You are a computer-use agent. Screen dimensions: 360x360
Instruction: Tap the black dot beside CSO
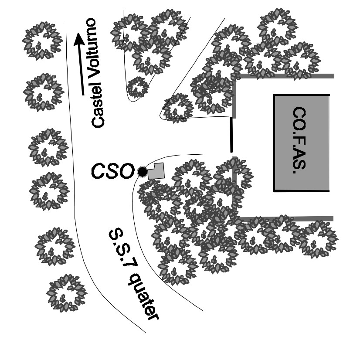pos(142,172)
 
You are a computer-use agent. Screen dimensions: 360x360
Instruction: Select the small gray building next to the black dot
pos(156,171)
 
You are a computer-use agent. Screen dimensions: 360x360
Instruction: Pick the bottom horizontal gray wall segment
pos(285,218)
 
